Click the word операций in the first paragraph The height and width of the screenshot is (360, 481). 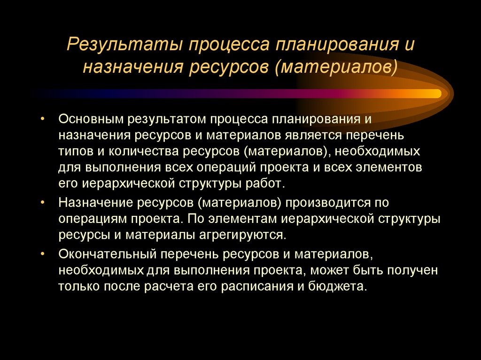[x=241, y=167]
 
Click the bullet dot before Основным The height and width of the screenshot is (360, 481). [x=43, y=119]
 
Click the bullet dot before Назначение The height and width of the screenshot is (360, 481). [x=43, y=203]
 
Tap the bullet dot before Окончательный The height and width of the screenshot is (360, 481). [x=43, y=254]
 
